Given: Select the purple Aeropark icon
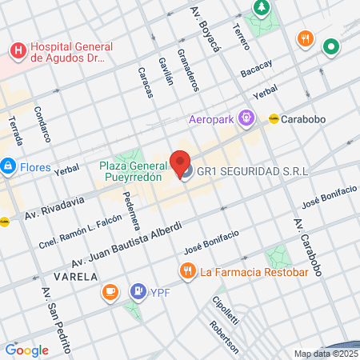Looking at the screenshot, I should [x=246, y=119].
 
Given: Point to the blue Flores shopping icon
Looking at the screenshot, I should [x=8, y=166].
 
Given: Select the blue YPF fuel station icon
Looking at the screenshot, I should [x=138, y=292].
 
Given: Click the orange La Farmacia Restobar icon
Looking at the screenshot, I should [x=187, y=271].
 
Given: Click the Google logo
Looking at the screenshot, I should [x=26, y=350].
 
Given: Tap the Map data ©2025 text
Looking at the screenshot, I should [x=326, y=354].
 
